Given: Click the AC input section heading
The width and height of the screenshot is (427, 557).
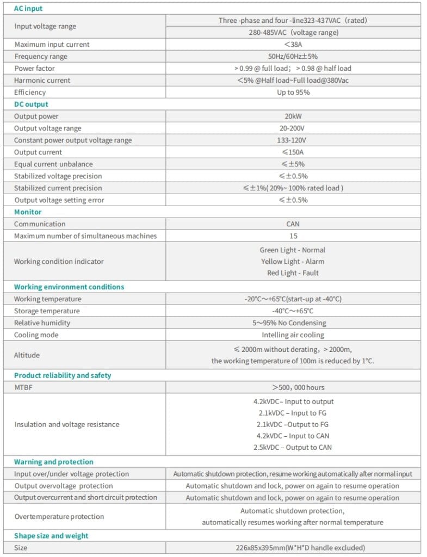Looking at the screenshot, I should click(28, 9).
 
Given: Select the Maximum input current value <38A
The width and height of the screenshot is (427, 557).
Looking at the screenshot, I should click(293, 45).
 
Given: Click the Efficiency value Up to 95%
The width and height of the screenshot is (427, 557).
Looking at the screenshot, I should click(293, 92).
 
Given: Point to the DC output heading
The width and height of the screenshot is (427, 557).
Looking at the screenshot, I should click(31, 104).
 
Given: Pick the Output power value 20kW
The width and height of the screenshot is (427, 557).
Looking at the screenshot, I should click(293, 116).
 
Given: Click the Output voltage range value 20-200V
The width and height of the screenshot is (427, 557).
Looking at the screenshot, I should click(293, 128).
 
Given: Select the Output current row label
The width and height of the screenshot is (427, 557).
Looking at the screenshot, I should click(38, 152).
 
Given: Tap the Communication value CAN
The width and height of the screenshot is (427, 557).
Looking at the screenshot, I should click(293, 224).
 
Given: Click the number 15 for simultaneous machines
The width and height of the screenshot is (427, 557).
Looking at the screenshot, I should click(293, 236).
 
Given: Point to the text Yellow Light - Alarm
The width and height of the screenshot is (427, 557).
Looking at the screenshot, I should click(293, 262).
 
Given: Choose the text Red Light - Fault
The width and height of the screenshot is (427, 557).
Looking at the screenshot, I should click(293, 273).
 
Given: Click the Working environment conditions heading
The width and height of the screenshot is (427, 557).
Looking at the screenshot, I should click(69, 287).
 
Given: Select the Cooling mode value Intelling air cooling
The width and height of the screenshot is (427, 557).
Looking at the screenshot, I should click(293, 335).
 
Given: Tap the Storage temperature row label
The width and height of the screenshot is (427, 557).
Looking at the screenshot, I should click(47, 311).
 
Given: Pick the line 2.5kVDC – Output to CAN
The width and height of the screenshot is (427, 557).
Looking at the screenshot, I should click(293, 448).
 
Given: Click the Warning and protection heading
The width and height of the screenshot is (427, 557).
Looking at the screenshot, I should click(54, 462).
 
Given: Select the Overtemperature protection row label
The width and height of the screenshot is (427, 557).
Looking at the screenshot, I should click(59, 517).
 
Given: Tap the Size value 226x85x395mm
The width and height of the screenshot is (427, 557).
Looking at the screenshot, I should click(293, 548).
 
